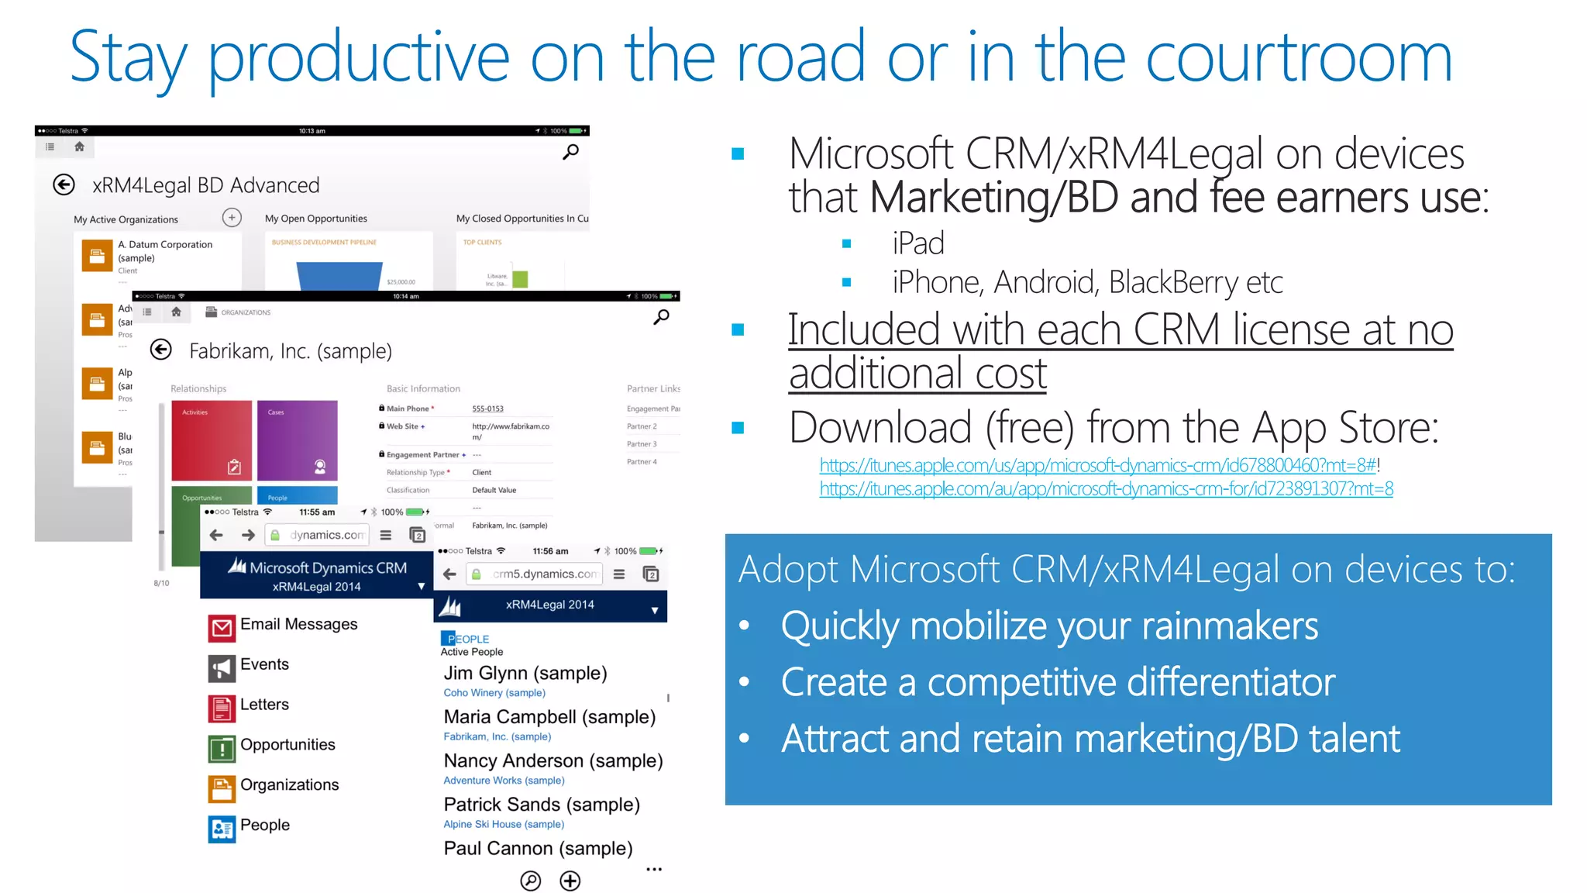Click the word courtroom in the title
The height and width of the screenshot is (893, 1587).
pos(1299,57)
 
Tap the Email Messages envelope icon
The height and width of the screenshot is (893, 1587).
pos(222,627)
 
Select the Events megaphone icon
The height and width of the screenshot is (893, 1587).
pos(222,667)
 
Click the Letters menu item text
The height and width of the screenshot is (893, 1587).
pos(264,705)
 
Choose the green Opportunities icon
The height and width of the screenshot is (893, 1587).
pos(222,748)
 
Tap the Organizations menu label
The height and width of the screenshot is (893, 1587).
pos(289,784)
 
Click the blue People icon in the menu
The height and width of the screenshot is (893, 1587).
pos(222,829)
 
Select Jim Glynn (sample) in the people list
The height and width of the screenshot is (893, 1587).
pos(525,673)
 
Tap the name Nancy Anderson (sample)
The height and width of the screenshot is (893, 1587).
pos(553,760)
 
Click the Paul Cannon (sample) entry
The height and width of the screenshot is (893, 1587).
pos(538,848)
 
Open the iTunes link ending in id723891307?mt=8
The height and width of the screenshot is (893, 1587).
pos(1106,489)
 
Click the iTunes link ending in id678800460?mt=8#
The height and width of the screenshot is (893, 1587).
pos(1098,465)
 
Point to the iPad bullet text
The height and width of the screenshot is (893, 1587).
pos(917,243)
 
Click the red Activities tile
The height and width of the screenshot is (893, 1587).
pos(212,440)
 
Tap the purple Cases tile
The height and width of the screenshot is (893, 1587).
pos(298,440)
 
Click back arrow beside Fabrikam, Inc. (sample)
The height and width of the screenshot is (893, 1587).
pos(161,350)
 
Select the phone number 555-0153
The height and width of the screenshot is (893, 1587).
pos(487,409)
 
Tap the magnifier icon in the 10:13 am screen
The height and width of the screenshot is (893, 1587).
pos(570,152)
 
